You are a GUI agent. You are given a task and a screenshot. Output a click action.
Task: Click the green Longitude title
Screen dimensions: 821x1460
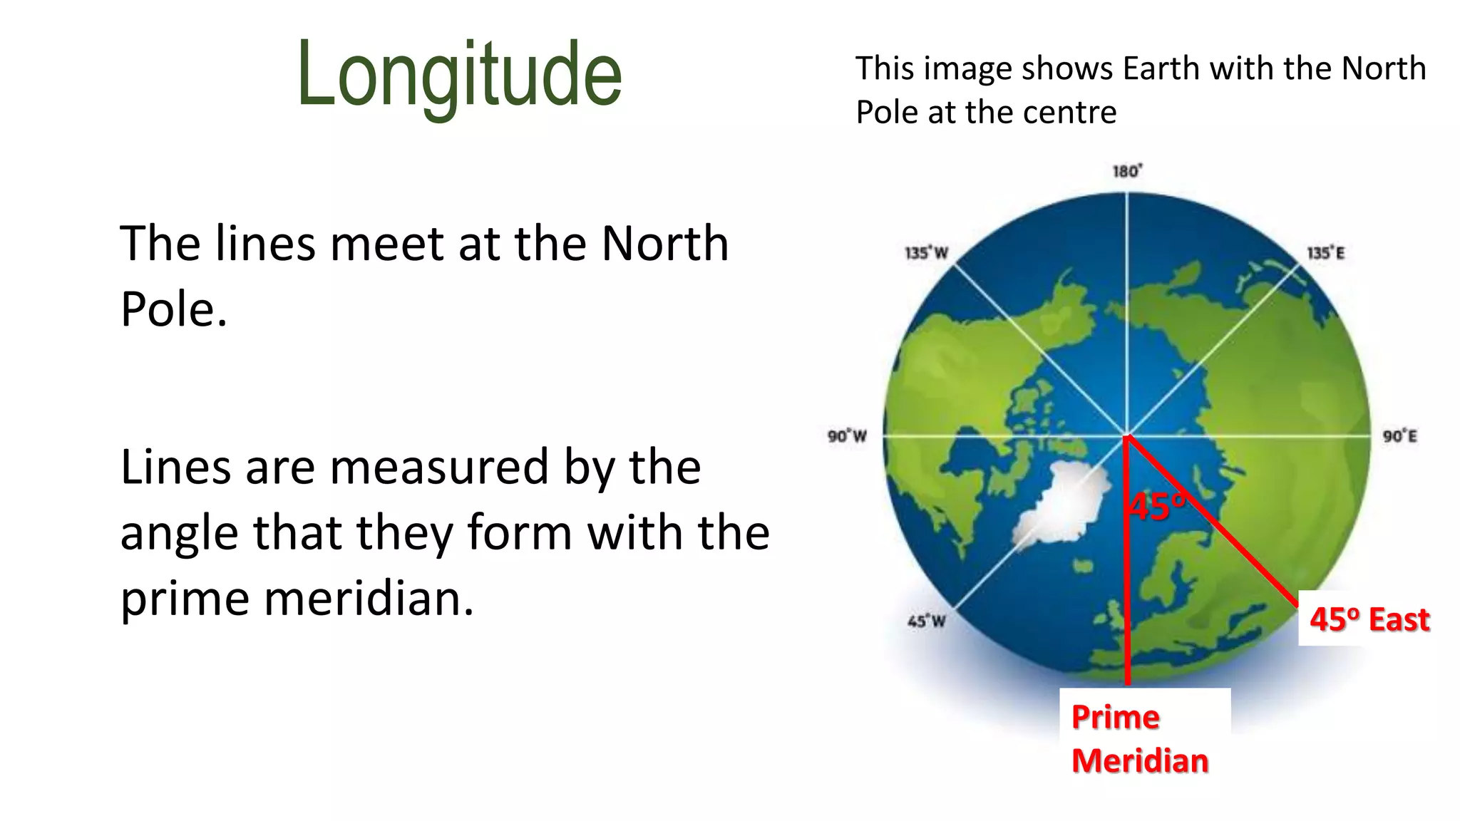coord(460,75)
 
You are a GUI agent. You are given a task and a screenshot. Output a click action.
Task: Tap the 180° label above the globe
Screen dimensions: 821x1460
coord(1127,171)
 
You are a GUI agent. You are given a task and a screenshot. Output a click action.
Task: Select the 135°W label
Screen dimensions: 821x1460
coord(926,253)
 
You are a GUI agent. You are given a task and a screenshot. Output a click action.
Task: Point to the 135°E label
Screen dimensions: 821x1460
coord(1325,253)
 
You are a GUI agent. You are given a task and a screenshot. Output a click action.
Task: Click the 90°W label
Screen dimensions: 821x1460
coord(847,435)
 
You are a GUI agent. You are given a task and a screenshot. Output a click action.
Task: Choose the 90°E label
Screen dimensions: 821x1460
coord(1400,435)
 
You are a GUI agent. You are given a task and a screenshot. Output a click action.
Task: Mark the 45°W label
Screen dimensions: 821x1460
coord(926,621)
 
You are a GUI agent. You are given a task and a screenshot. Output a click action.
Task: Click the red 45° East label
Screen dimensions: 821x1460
coord(1369,619)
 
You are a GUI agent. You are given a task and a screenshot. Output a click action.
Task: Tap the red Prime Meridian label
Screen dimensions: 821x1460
coord(1139,738)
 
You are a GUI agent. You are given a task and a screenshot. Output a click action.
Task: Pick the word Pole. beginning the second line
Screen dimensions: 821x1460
coord(173,309)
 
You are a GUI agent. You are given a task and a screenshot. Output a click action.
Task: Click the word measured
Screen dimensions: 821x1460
coord(439,468)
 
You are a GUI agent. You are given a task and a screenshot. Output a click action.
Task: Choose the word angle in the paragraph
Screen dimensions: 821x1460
coord(178,535)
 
